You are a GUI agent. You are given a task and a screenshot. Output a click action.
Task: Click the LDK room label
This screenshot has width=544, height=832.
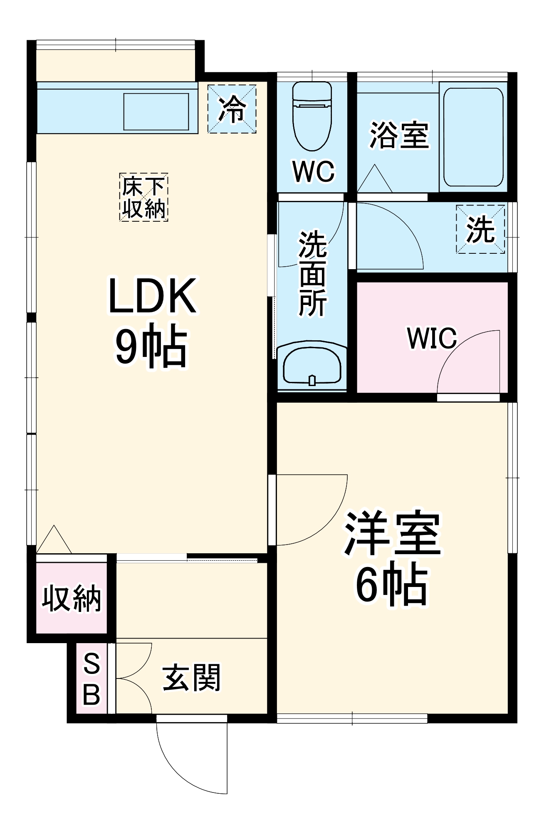coord(152,296)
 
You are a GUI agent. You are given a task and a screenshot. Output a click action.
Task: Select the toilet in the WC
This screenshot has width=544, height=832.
coord(312,116)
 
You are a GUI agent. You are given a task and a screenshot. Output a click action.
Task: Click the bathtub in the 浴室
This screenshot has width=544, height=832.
coord(473,137)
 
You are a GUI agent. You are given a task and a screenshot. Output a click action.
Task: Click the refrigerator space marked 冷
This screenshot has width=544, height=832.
coord(232,109)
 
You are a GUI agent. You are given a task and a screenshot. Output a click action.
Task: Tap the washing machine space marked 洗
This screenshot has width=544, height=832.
coord(480,229)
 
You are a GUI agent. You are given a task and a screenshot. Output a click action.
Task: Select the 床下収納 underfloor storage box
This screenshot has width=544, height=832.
coord(144,197)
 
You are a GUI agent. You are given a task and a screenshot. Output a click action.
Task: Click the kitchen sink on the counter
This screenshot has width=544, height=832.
coord(156,111)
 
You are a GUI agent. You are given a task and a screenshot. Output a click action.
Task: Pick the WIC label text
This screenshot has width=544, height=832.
coord(432,338)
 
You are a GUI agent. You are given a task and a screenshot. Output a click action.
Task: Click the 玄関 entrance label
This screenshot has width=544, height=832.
coord(191,678)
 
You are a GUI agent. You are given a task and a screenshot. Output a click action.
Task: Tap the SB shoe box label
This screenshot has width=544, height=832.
coord(91,678)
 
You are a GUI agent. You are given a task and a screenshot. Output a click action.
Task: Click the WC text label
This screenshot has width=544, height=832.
coord(313,171)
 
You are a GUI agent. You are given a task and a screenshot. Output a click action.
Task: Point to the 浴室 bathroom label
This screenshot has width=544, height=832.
coord(399,135)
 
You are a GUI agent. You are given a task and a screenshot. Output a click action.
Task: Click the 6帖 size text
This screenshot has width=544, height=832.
coord(392,584)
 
